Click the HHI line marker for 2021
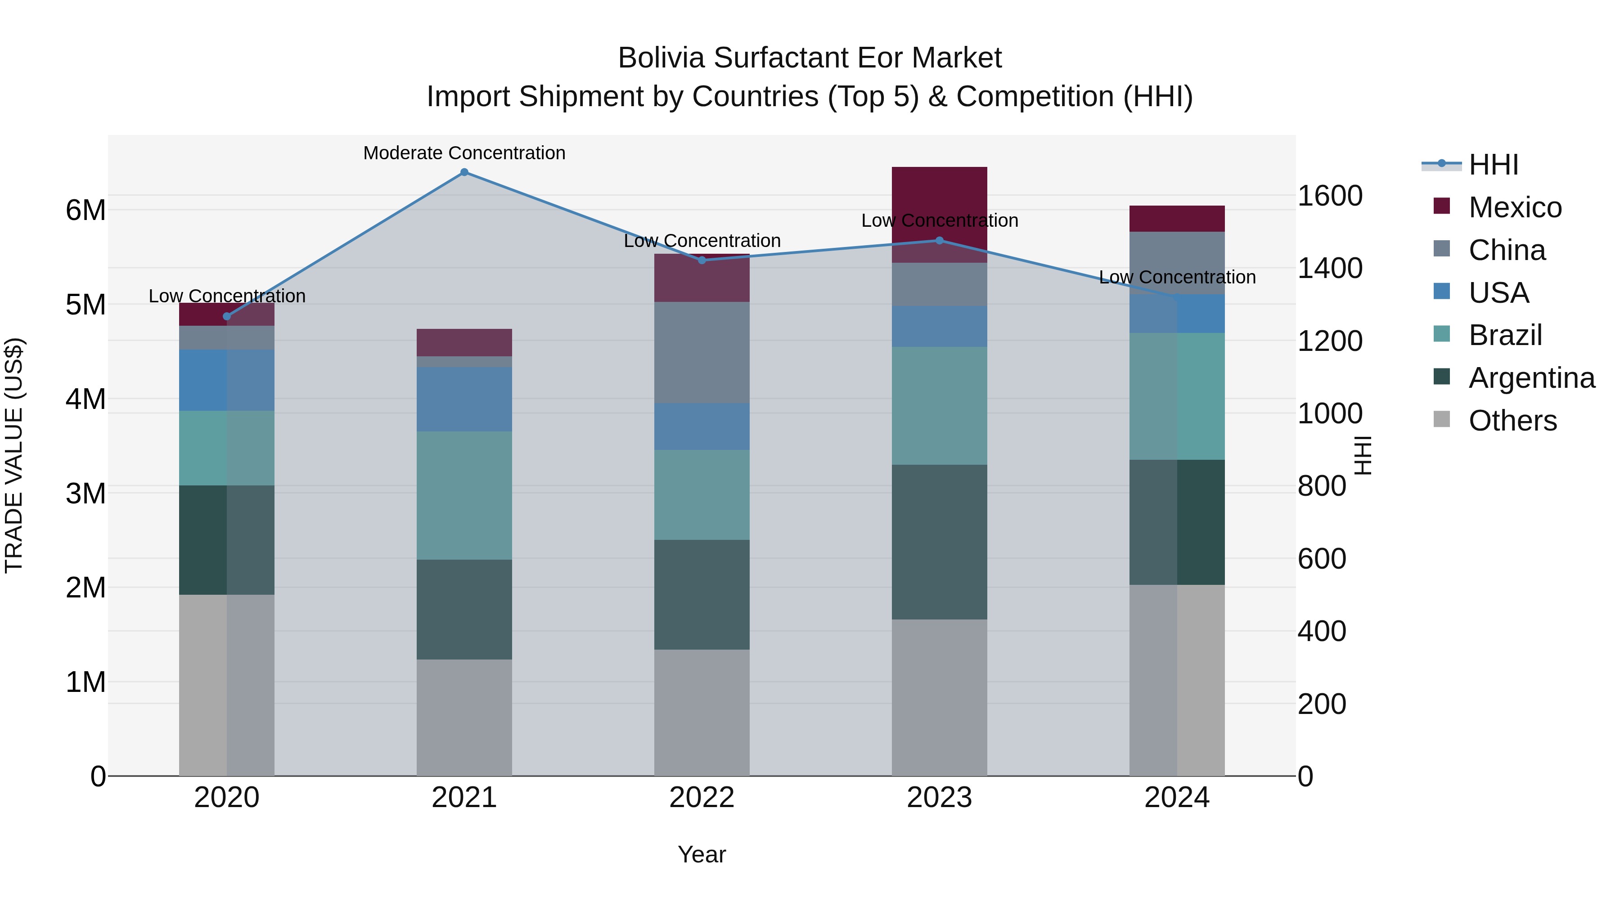click(x=464, y=172)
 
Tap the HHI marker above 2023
click(x=940, y=240)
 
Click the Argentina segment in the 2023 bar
click(x=940, y=542)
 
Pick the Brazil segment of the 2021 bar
click(x=464, y=495)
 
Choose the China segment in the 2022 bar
click(x=702, y=353)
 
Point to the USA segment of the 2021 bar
click(x=464, y=399)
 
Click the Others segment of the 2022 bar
click(x=702, y=712)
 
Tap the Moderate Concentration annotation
click(x=464, y=153)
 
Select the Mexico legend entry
click(x=1514, y=207)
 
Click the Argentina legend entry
click(x=1531, y=378)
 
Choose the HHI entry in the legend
click(x=1493, y=165)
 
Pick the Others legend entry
click(x=1512, y=421)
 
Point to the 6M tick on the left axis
click(x=85, y=210)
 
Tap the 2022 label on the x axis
click(x=702, y=798)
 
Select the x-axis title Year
click(x=702, y=854)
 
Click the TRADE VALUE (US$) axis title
click(x=14, y=455)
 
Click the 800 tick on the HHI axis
click(x=1322, y=486)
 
